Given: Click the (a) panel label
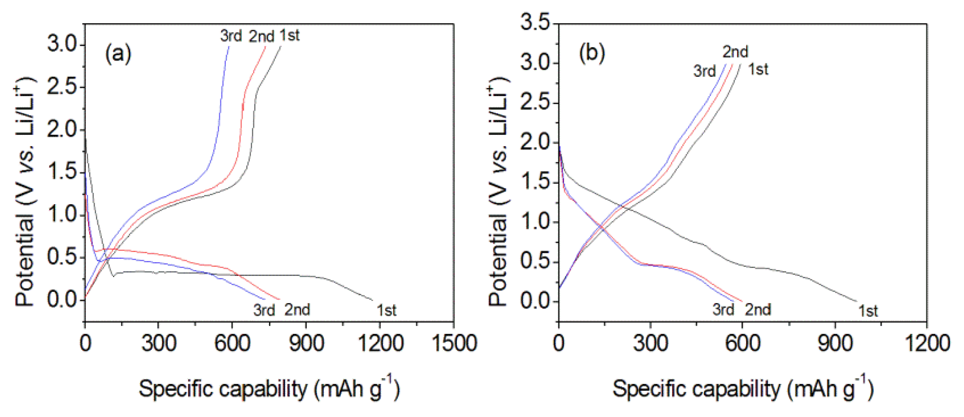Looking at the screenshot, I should pos(118,53).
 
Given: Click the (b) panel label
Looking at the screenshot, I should pos(592,53).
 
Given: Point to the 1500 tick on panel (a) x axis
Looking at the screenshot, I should pos(454,343).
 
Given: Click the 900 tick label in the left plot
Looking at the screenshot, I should pos(306,343).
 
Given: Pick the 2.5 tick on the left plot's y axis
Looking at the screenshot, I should pos(62,87).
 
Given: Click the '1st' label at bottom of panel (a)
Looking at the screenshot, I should pos(386,311).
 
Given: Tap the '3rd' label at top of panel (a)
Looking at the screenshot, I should pos(231,36).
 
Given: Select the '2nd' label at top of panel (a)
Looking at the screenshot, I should pos(261,37).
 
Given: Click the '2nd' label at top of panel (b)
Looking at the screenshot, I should pos(735,52).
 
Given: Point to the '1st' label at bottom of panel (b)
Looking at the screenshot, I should pos(868,311).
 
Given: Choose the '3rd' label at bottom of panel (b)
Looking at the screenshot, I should pos(723,310).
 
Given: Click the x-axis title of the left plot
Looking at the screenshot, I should pos(269,389).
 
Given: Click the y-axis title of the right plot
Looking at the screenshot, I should pos(499,192).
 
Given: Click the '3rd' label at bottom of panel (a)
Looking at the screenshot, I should pos(264,310).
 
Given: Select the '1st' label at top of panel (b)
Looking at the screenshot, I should pos(758,69).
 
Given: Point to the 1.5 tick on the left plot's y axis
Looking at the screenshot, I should pos(62,172).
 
